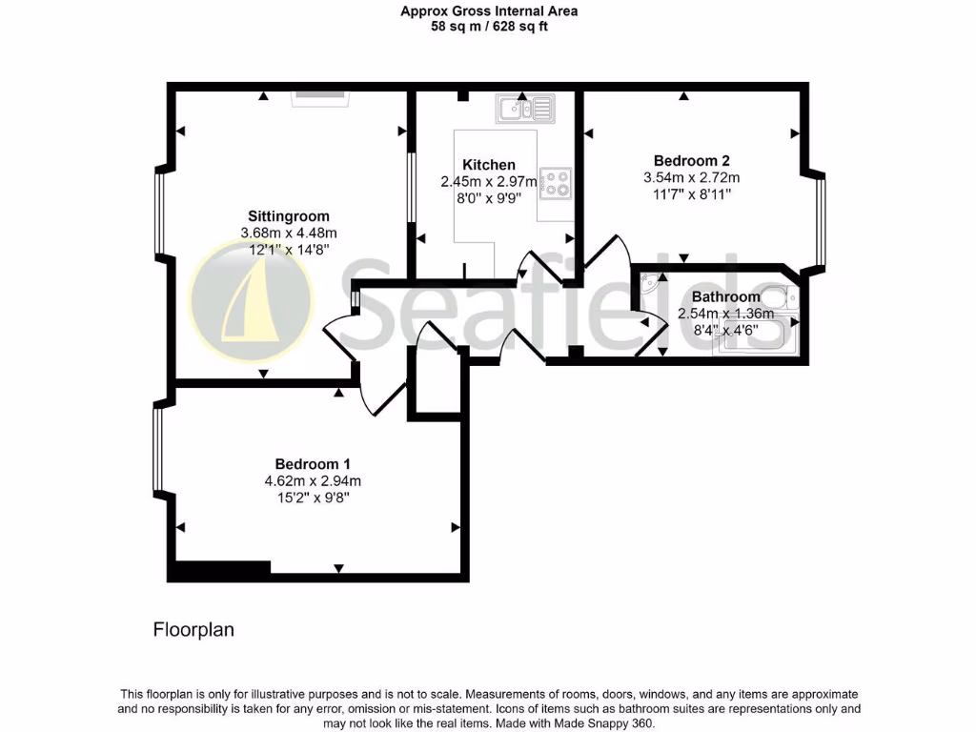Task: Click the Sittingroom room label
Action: point(289,215)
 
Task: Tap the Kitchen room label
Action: point(489,165)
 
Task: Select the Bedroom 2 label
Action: point(691,160)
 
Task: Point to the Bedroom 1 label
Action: point(313,464)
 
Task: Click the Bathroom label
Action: point(725,296)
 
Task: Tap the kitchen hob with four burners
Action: point(555,182)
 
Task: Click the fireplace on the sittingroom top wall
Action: point(320,96)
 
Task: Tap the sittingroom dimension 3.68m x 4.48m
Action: point(289,233)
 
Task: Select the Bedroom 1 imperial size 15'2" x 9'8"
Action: point(313,498)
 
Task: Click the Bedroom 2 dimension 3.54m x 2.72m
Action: point(691,177)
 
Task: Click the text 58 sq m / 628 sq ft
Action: point(488,27)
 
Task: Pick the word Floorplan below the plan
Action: point(193,630)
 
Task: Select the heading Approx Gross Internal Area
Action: point(488,11)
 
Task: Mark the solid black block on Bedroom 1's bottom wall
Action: point(220,569)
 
